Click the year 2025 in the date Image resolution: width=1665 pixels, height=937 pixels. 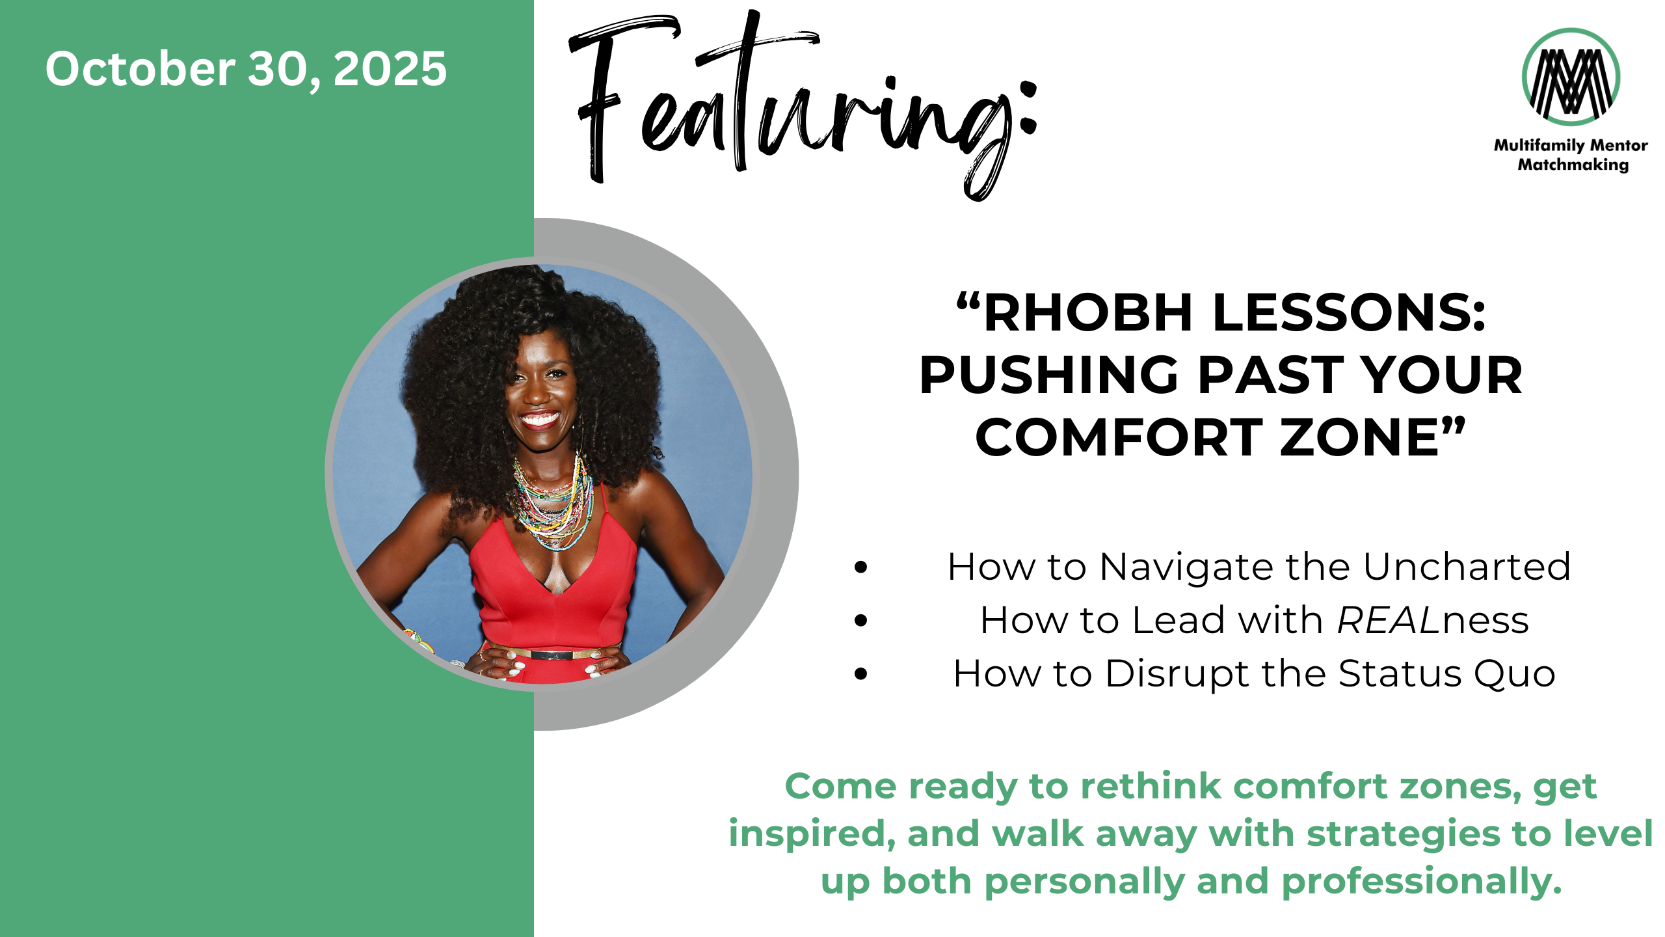pos(390,68)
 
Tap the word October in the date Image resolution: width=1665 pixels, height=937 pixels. pos(140,68)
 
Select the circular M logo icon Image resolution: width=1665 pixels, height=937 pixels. pos(1571,77)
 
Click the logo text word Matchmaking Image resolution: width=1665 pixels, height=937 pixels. pos(1573,165)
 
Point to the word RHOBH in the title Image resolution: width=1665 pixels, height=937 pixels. pos(1088,313)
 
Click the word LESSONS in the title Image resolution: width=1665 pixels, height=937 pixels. pos(1349,313)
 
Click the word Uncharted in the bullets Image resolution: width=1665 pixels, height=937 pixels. pos(1467,566)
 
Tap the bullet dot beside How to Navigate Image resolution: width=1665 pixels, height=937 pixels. pos(861,567)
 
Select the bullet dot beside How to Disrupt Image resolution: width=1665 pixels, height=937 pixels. pos(861,674)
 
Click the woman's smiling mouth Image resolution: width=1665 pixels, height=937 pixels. pos(539,418)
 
